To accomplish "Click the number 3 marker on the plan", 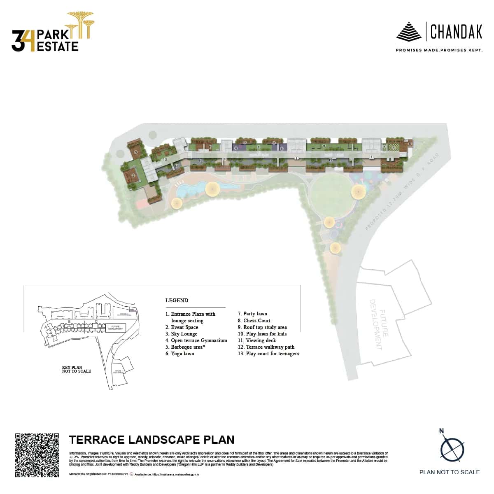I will [x=136, y=152].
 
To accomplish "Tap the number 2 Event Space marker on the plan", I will [x=133, y=175].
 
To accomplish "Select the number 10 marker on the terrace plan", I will [x=165, y=159].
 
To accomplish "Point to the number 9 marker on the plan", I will [x=324, y=146].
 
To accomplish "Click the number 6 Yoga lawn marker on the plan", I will [x=258, y=147].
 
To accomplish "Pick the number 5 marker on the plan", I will [x=410, y=143].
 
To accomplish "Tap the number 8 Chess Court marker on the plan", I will [x=394, y=147].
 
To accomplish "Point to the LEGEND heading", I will [x=177, y=301].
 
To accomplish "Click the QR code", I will [x=37, y=455].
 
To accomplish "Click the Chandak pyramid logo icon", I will [x=409, y=31].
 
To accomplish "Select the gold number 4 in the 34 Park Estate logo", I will [x=30, y=41].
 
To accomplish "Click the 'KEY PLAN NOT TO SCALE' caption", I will [x=76, y=369].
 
